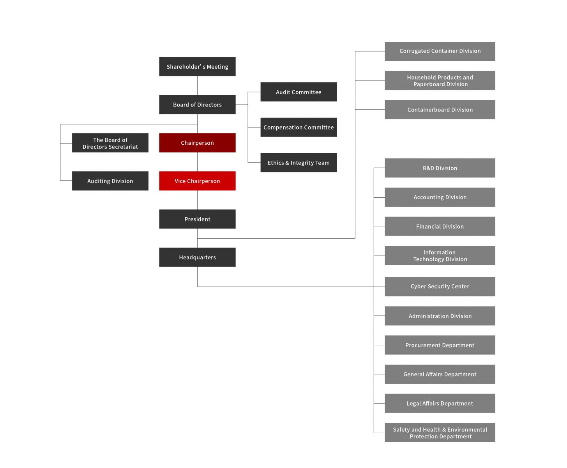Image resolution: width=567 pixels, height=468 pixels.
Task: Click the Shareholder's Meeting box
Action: click(197, 67)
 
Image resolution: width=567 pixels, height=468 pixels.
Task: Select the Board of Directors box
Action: click(197, 105)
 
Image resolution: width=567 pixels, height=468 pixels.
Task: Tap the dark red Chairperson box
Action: click(197, 143)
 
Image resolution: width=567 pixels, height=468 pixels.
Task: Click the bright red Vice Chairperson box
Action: click(197, 181)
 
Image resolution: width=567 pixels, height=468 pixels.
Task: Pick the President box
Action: click(197, 219)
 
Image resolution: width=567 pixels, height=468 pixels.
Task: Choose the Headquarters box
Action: click(197, 257)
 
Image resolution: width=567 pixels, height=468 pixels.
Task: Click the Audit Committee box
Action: click(299, 92)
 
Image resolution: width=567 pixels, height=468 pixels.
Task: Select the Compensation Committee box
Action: click(299, 127)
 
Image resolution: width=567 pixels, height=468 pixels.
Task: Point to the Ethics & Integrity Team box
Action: click(299, 163)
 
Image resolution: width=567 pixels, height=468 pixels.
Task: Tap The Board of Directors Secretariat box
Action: click(110, 143)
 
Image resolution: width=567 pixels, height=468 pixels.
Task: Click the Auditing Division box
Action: click(110, 181)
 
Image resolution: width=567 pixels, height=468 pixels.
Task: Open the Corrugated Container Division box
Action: click(440, 51)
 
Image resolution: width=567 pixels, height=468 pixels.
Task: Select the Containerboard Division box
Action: click(440, 110)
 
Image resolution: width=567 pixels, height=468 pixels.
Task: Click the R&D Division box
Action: click(440, 168)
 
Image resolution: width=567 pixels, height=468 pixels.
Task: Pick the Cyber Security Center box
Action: click(440, 287)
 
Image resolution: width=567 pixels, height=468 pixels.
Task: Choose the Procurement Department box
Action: click(440, 345)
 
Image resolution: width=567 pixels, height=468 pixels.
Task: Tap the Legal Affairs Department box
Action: click(440, 403)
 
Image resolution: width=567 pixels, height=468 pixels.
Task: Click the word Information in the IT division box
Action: click(439, 252)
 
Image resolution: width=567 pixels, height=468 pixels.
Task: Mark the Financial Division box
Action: click(440, 227)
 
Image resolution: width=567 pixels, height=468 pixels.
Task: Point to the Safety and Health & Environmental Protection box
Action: click(440, 433)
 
